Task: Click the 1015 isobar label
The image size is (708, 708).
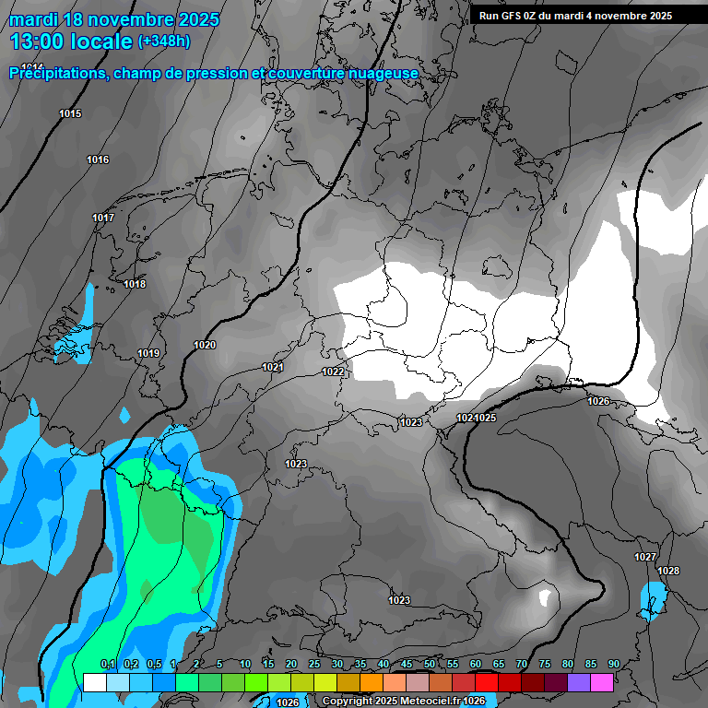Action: (70, 113)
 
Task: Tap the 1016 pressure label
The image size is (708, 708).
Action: (98, 160)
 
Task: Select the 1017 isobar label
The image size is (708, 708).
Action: (103, 218)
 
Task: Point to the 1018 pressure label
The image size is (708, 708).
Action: (135, 284)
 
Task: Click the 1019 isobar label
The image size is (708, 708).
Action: (148, 353)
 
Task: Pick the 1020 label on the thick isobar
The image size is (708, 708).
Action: (205, 345)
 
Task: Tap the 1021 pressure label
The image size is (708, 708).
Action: (272, 367)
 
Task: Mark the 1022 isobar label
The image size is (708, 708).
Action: (333, 372)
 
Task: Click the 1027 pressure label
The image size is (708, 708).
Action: (645, 557)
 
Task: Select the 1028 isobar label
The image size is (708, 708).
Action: (668, 571)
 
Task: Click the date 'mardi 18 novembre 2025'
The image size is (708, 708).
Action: (113, 19)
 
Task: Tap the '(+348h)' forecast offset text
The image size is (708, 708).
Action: (164, 41)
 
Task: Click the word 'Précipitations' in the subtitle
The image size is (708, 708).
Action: (56, 73)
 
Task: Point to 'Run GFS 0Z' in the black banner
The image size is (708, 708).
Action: (510, 16)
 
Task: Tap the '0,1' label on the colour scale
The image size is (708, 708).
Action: (107, 665)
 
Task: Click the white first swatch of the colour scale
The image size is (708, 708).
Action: (94, 682)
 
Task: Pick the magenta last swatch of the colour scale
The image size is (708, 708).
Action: (602, 682)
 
